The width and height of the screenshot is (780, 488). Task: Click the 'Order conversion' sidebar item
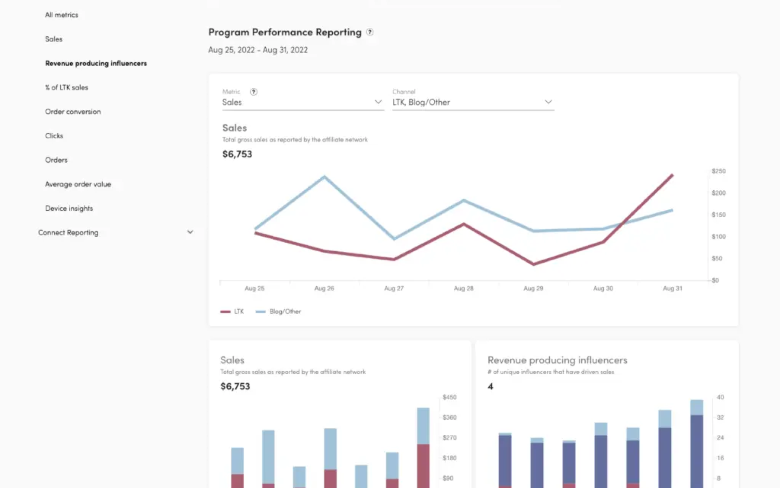click(x=73, y=111)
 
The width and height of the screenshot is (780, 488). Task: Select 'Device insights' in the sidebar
click(x=69, y=208)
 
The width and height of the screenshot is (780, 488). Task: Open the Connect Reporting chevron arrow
click(x=190, y=232)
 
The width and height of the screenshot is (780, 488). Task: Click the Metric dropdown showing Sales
click(x=302, y=102)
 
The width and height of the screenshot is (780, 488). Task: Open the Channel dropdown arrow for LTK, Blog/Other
click(x=548, y=102)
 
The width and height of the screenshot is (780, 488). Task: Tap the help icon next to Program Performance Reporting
click(x=370, y=32)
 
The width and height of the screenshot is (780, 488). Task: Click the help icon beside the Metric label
click(x=253, y=92)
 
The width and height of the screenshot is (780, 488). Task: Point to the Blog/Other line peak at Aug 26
click(x=324, y=176)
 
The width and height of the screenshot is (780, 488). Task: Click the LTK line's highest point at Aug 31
click(x=672, y=175)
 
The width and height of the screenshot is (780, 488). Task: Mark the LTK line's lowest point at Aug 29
click(x=533, y=264)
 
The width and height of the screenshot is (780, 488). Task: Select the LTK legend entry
click(x=232, y=312)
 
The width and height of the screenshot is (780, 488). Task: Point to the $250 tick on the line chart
click(x=718, y=171)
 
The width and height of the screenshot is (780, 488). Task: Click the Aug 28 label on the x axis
click(x=464, y=288)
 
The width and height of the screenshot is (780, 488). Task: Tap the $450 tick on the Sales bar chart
click(x=449, y=397)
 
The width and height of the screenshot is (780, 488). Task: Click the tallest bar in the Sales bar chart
click(x=423, y=447)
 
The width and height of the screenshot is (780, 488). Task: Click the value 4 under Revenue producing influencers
click(x=490, y=387)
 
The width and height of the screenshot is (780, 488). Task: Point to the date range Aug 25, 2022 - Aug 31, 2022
click(x=258, y=50)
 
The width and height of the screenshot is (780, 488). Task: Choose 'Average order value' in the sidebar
click(x=78, y=184)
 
